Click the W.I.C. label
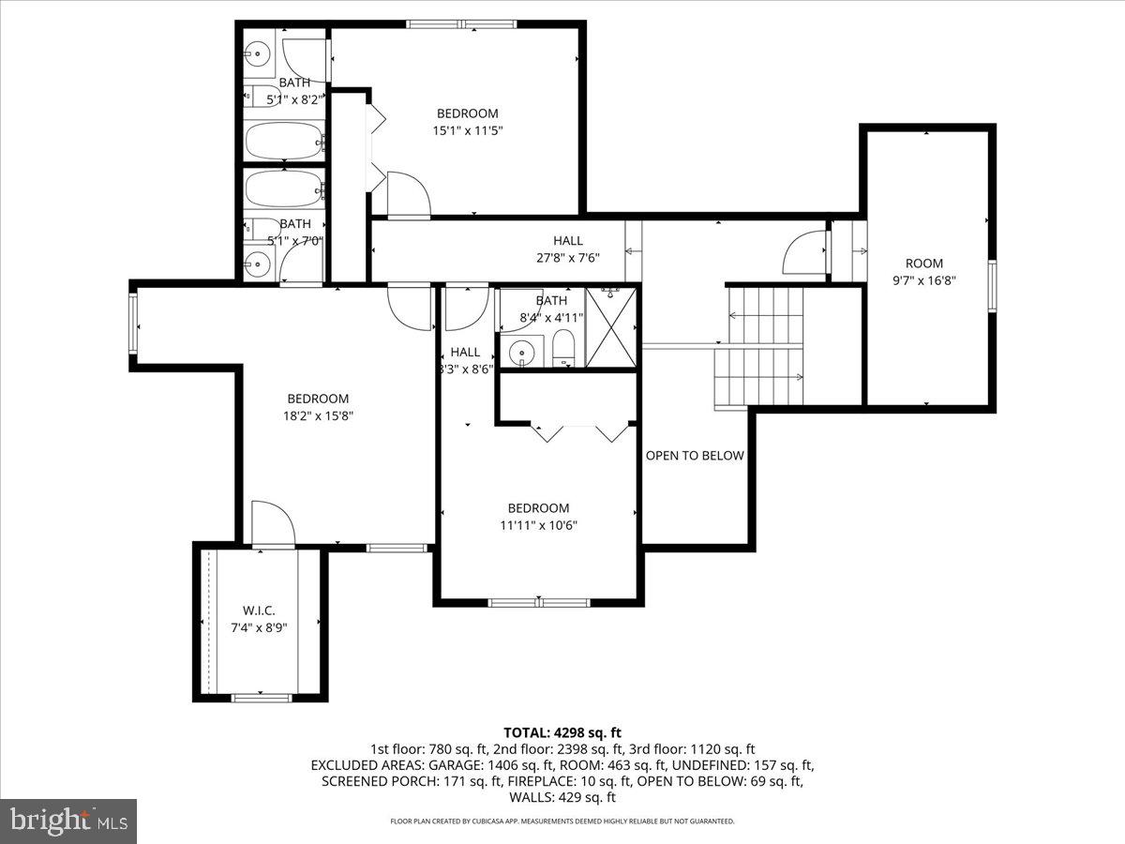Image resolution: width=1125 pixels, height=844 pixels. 259,610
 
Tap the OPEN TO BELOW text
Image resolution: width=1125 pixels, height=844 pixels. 694,456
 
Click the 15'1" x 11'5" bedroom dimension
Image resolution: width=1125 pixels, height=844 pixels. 467,131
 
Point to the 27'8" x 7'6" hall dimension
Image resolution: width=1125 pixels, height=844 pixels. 567,258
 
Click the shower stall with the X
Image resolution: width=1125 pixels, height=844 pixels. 610,327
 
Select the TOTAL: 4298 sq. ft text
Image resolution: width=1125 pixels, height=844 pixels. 562,732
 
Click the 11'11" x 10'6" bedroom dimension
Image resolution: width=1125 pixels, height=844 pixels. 538,525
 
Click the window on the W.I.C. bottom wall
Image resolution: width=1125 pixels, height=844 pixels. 261,697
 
